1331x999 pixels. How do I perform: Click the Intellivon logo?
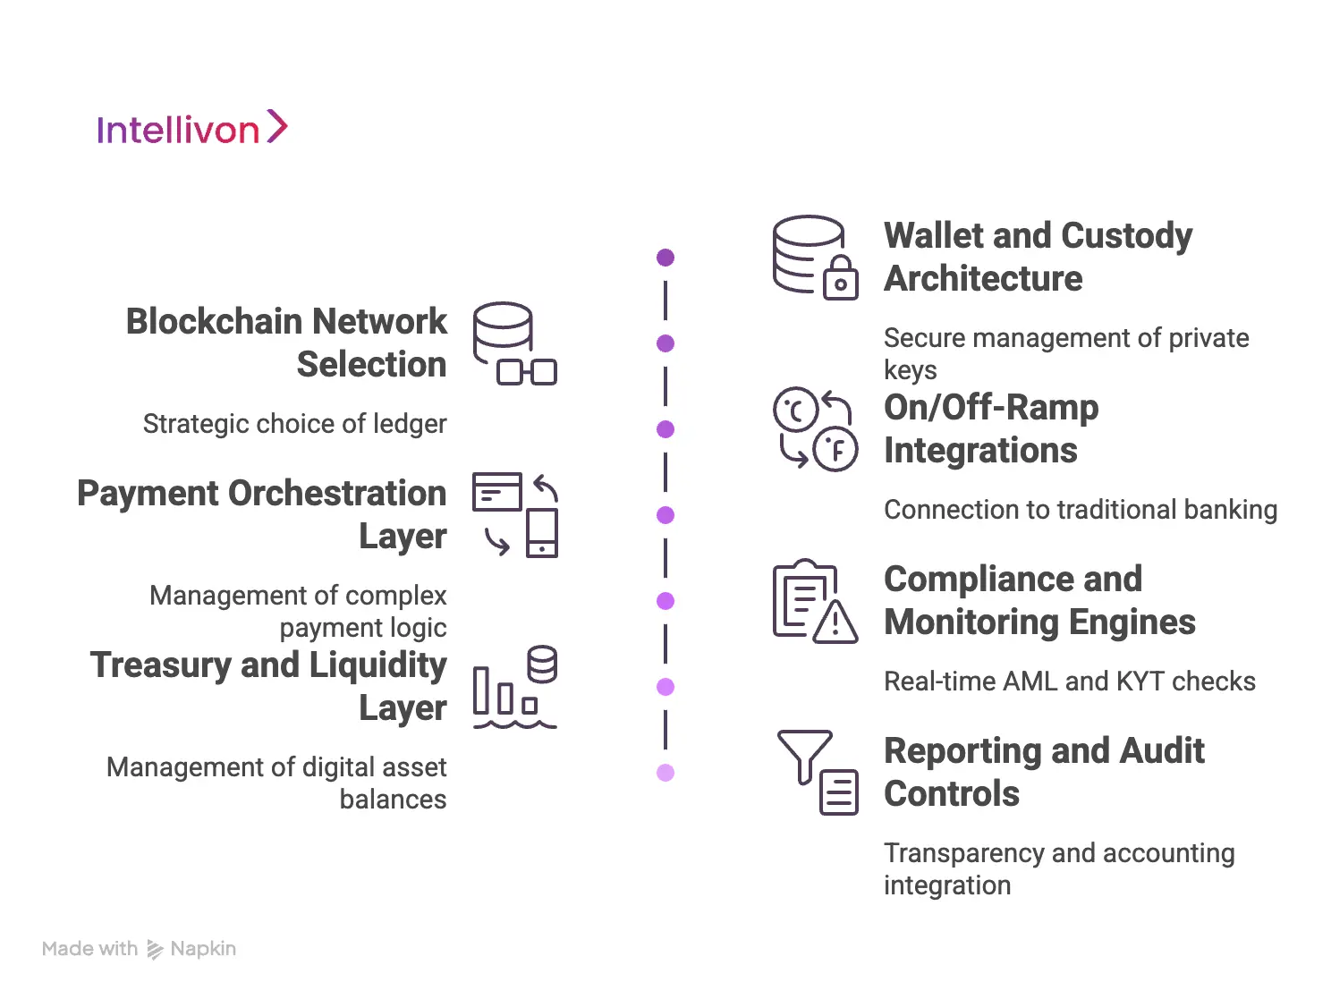(x=191, y=129)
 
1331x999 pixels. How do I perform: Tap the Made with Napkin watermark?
(x=139, y=949)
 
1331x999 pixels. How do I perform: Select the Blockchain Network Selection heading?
(x=286, y=343)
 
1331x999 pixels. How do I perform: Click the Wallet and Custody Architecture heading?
(x=1038, y=257)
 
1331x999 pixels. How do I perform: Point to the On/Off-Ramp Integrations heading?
(x=991, y=428)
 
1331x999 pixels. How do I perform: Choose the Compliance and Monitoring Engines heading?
(x=1039, y=600)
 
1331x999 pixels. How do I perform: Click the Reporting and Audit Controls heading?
(x=1044, y=772)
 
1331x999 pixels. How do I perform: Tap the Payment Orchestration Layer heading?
(x=262, y=514)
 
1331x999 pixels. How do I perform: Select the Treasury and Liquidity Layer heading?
(x=268, y=686)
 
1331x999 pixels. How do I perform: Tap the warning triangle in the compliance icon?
(x=836, y=622)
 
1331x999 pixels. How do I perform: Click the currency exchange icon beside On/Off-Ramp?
(x=815, y=429)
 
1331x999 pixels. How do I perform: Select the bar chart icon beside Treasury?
(x=504, y=692)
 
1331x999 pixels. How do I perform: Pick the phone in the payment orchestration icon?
(x=542, y=533)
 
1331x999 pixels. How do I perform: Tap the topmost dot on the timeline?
(x=665, y=258)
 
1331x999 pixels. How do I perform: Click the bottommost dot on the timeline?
(x=665, y=773)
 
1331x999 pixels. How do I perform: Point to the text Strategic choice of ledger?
(x=294, y=424)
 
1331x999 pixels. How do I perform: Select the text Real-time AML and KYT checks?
(x=1070, y=682)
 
